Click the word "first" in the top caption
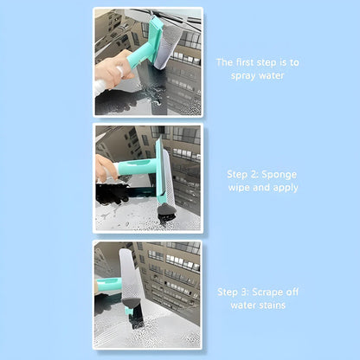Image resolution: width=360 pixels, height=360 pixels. pyautogui.click(x=244, y=62)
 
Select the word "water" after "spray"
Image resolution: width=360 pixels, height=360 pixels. pyautogui.click(x=272, y=75)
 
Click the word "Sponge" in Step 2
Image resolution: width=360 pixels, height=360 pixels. pyautogui.click(x=279, y=175)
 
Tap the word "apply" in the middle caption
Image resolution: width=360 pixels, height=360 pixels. pyautogui.click(x=286, y=188)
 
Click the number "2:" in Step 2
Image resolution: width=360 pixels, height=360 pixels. pyautogui.click(x=254, y=175)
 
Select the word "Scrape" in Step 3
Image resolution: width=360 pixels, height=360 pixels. pyautogui.click(x=267, y=292)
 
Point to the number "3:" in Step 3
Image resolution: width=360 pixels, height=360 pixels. pyautogui.click(x=244, y=292)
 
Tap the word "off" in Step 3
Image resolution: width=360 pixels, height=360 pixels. pyautogui.click(x=292, y=292)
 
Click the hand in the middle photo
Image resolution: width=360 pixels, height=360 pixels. pyautogui.click(x=106, y=168)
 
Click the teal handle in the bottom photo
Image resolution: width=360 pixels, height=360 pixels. pyautogui.click(x=109, y=285)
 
